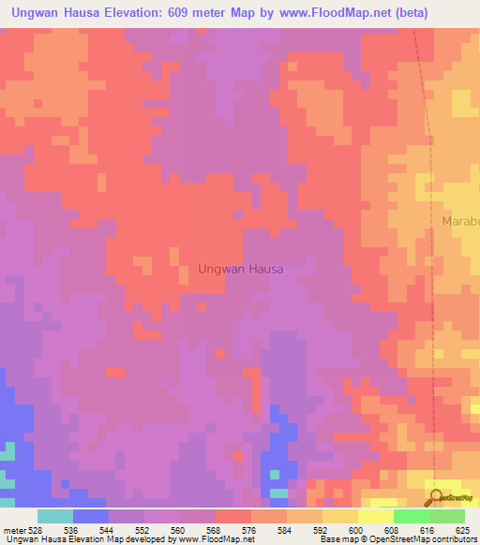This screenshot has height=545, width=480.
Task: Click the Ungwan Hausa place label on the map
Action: [241, 269]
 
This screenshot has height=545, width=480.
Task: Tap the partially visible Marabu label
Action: [459, 222]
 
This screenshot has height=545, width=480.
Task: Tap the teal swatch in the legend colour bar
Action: [55, 516]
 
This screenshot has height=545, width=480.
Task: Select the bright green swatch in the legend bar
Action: [411, 516]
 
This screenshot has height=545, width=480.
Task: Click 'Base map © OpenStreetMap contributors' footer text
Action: [397, 538]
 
